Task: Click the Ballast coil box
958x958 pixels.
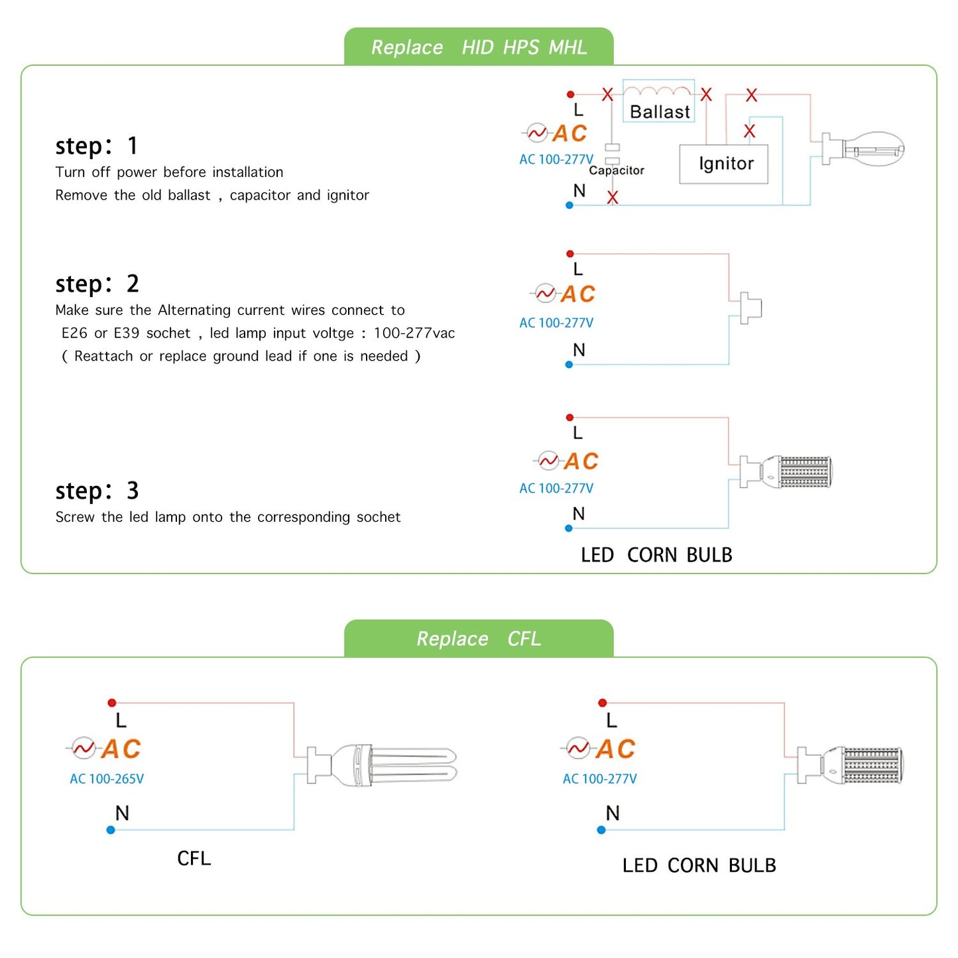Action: click(x=658, y=101)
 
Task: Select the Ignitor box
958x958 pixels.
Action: click(x=724, y=164)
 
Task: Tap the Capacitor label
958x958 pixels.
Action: click(x=617, y=170)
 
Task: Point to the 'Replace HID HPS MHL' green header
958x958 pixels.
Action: click(x=479, y=47)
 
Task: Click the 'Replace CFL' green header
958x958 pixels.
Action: click(x=479, y=638)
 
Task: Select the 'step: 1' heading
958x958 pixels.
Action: click(x=97, y=146)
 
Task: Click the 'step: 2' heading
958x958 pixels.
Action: click(x=97, y=284)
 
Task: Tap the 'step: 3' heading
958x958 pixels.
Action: click(x=97, y=491)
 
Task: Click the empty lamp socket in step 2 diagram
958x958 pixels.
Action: click(x=750, y=308)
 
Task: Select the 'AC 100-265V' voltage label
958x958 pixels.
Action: click(x=107, y=779)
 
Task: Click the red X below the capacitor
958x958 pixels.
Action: click(x=613, y=198)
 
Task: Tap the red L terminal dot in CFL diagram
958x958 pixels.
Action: click(x=112, y=703)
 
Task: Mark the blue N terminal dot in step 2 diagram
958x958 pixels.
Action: click(x=569, y=365)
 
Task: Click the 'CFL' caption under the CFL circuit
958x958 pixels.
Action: click(x=194, y=859)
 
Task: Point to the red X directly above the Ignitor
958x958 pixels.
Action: click(x=749, y=131)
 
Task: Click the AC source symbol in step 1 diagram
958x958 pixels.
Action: click(x=536, y=133)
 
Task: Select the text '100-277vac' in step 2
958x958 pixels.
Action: click(x=414, y=333)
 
